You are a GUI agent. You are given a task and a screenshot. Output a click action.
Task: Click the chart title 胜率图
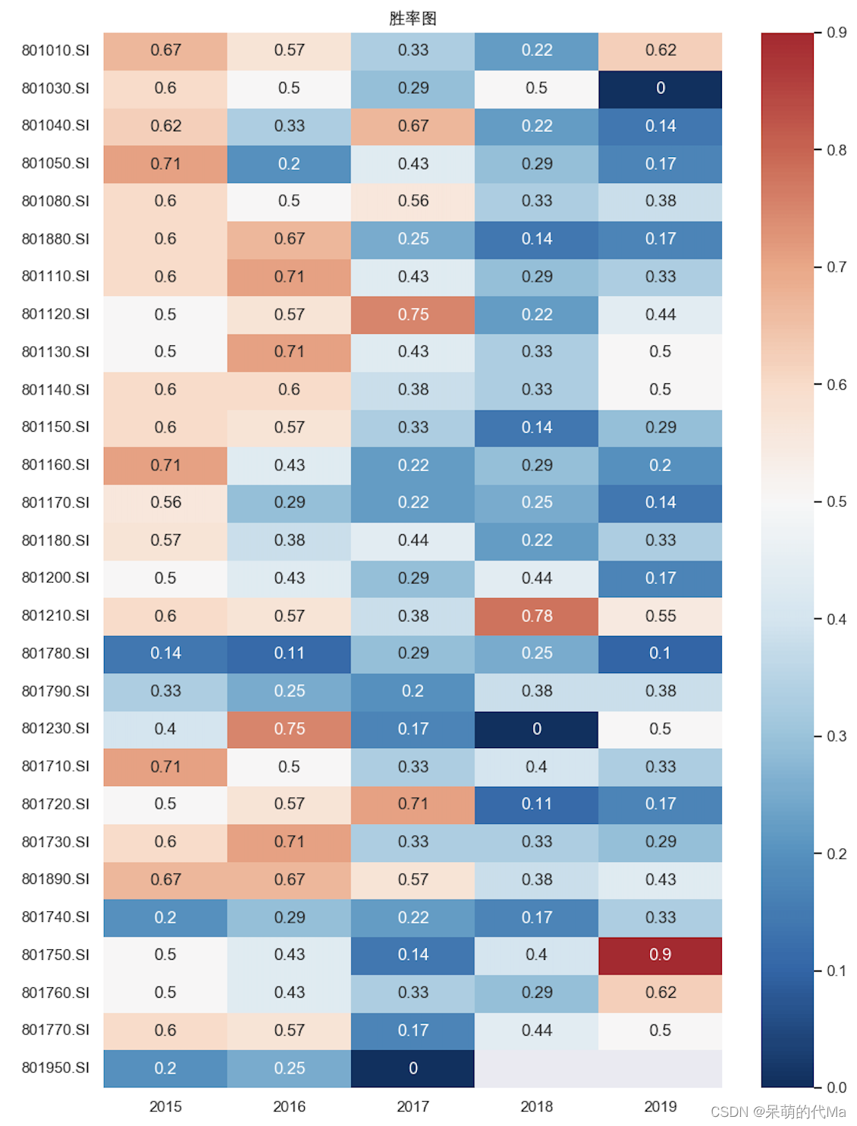(413, 18)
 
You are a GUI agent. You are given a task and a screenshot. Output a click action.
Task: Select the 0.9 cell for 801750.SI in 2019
(660, 955)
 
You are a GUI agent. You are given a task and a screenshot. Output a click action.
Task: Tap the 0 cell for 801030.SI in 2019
(660, 88)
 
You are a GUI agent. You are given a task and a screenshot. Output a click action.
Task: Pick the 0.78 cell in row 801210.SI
(536, 615)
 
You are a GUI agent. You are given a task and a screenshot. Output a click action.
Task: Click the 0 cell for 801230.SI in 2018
(536, 728)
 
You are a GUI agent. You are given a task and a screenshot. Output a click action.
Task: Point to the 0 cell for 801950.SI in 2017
(413, 1068)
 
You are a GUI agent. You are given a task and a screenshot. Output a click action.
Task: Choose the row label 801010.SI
(55, 50)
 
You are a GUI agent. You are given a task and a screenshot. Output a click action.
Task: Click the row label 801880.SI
(55, 239)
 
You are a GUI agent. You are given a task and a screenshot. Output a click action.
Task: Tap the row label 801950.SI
(55, 1068)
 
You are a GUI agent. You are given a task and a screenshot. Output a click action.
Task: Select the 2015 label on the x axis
(165, 1106)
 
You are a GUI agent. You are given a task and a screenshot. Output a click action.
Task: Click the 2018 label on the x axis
(536, 1106)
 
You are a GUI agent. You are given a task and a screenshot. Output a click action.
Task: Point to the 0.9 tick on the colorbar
(836, 33)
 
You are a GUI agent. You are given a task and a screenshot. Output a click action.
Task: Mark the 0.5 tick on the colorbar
(836, 502)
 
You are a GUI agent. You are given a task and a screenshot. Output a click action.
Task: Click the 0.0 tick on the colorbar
(836, 1087)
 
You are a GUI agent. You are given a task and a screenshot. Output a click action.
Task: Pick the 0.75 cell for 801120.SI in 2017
(413, 314)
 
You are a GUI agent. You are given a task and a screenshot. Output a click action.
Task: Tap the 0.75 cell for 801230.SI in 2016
(289, 728)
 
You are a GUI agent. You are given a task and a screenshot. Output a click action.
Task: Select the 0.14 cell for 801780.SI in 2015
(165, 653)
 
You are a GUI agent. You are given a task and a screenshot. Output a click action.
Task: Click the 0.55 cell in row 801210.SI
(660, 615)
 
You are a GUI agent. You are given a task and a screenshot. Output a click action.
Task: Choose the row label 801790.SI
(55, 691)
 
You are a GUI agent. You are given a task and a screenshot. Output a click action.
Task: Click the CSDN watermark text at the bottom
(778, 1112)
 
